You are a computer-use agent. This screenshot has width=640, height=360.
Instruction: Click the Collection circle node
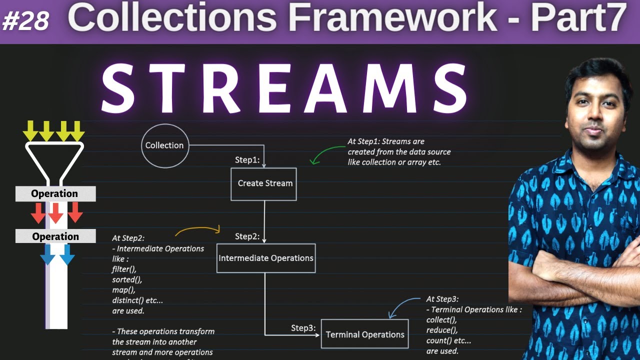pos(164,145)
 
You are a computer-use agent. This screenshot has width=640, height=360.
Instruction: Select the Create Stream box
pos(264,183)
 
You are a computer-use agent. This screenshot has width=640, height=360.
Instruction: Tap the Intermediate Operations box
pos(265,258)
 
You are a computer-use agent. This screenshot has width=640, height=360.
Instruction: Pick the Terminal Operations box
pos(364,334)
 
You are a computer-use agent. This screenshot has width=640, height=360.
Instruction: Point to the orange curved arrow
pos(197,230)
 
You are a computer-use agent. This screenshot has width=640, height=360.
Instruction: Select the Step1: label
pos(247,160)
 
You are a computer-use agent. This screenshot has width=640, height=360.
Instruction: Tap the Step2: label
pos(247,236)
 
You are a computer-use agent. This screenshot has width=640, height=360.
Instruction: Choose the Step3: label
pos(303,328)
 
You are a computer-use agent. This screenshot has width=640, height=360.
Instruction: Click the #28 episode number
pos(26,21)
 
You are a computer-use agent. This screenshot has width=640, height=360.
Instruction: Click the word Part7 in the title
pos(578,19)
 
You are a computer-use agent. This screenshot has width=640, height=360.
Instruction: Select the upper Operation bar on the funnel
pos(55,194)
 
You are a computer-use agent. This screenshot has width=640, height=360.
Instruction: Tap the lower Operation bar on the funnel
pos(55,236)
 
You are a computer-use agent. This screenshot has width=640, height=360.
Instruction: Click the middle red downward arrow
pos(55,213)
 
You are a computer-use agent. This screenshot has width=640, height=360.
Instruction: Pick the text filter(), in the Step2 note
pos(124,269)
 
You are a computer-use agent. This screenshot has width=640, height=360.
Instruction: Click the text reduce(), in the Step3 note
pos(442,330)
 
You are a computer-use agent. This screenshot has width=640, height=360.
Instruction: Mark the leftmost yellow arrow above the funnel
pos(30,131)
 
